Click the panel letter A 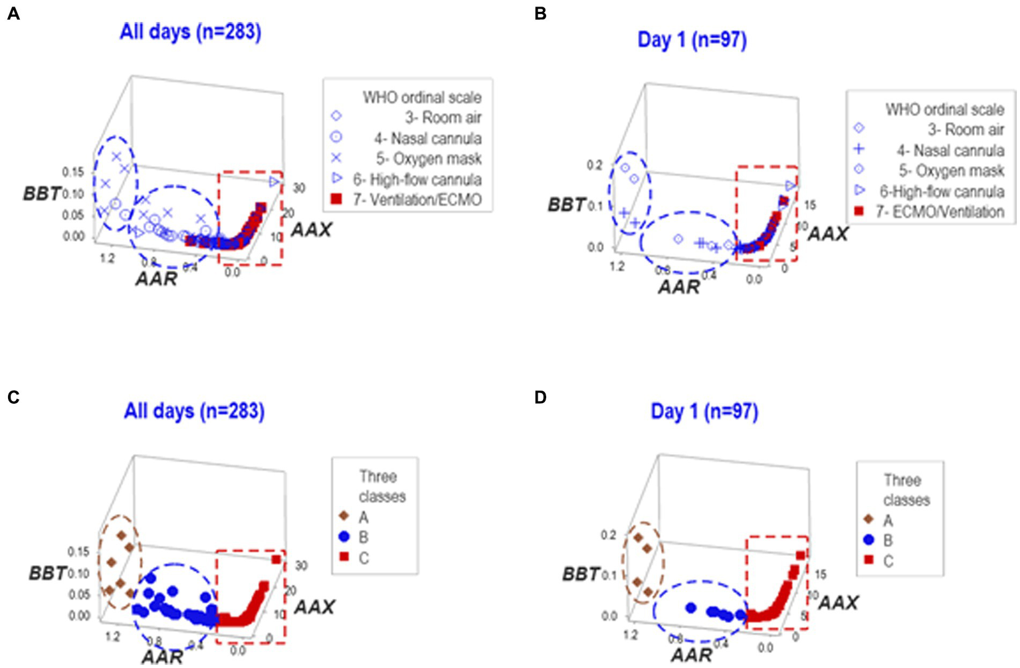pyautogui.click(x=13, y=14)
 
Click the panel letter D pyautogui.click(x=540, y=398)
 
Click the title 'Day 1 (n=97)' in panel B pyautogui.click(x=692, y=40)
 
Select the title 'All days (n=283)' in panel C pyautogui.click(x=194, y=411)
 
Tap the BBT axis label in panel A pyautogui.click(x=42, y=193)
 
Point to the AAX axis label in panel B pyautogui.click(x=828, y=234)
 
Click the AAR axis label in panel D pyautogui.click(x=691, y=655)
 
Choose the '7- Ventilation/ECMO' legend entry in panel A pyautogui.click(x=417, y=200)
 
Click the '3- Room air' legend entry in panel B pyautogui.click(x=966, y=130)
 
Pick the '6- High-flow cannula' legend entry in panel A pyautogui.click(x=417, y=179)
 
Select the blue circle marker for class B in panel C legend pyautogui.click(x=344, y=537)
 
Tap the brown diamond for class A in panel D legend pyautogui.click(x=868, y=520)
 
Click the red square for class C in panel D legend pyautogui.click(x=868, y=560)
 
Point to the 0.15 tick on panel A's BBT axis pyautogui.click(x=73, y=173)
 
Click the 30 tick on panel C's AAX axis pyautogui.click(x=301, y=566)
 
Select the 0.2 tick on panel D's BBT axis pyautogui.click(x=609, y=535)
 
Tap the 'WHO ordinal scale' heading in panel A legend pyautogui.click(x=422, y=98)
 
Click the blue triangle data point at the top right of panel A pyautogui.click(x=274, y=181)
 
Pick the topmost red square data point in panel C pyautogui.click(x=276, y=560)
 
